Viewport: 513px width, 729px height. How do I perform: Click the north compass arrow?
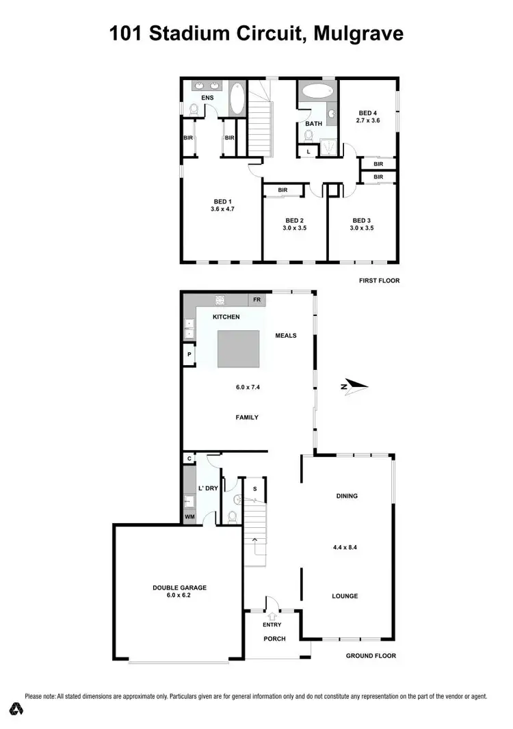pyautogui.click(x=355, y=386)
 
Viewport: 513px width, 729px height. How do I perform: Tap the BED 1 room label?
pyautogui.click(x=221, y=201)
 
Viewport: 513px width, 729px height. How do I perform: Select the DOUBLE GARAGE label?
pyautogui.click(x=179, y=587)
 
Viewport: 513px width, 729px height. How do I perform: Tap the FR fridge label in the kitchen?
pyautogui.click(x=257, y=300)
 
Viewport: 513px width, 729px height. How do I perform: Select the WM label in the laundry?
pyautogui.click(x=189, y=518)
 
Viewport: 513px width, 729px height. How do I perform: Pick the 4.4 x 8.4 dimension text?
pyautogui.click(x=345, y=527)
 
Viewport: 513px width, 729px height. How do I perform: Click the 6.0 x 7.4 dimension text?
pyautogui.click(x=248, y=387)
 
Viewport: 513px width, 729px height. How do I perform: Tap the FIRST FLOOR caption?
pyautogui.click(x=380, y=280)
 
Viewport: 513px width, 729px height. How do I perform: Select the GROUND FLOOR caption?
pyautogui.click(x=371, y=656)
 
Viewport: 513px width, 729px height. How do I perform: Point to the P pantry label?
pyautogui.click(x=189, y=355)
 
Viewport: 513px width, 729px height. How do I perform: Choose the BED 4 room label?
pyautogui.click(x=367, y=113)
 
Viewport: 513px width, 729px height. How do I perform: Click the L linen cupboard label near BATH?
pyautogui.click(x=308, y=151)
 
